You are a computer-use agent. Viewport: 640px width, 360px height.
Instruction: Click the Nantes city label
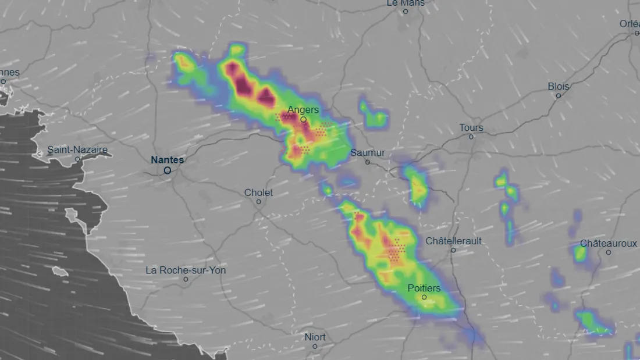pos(167,160)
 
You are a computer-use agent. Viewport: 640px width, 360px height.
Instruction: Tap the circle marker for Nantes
pos(168,170)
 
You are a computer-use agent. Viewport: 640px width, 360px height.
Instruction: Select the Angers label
pos(303,110)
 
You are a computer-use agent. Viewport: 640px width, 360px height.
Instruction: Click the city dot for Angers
pos(303,120)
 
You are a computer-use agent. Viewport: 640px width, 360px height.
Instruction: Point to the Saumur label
pos(368,153)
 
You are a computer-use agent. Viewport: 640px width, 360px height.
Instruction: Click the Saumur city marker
pos(368,162)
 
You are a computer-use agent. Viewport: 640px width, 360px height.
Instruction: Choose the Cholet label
pos(258,193)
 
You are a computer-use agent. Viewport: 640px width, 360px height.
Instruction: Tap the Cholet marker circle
pos(259,202)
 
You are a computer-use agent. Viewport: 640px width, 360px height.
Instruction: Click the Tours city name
pos(471,127)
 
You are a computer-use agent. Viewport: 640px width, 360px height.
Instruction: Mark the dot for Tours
pos(471,137)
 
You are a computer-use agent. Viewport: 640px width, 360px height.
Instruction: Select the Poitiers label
pos(424,288)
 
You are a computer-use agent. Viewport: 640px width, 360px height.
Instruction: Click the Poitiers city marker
pos(424,297)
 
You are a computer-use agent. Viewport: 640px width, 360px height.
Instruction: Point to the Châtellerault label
pos(453,241)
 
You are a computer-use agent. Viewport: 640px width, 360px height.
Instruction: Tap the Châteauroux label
pos(608,244)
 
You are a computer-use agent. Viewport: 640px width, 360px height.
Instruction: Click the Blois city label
pos(559,86)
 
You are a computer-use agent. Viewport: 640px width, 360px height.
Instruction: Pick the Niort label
pos(315,337)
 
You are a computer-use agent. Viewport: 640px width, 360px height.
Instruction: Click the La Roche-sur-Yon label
pos(186,270)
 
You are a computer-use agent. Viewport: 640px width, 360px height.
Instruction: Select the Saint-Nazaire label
pos(77,149)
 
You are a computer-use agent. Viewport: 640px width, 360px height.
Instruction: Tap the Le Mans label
pos(406,3)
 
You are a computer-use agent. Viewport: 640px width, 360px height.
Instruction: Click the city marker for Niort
pos(315,346)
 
